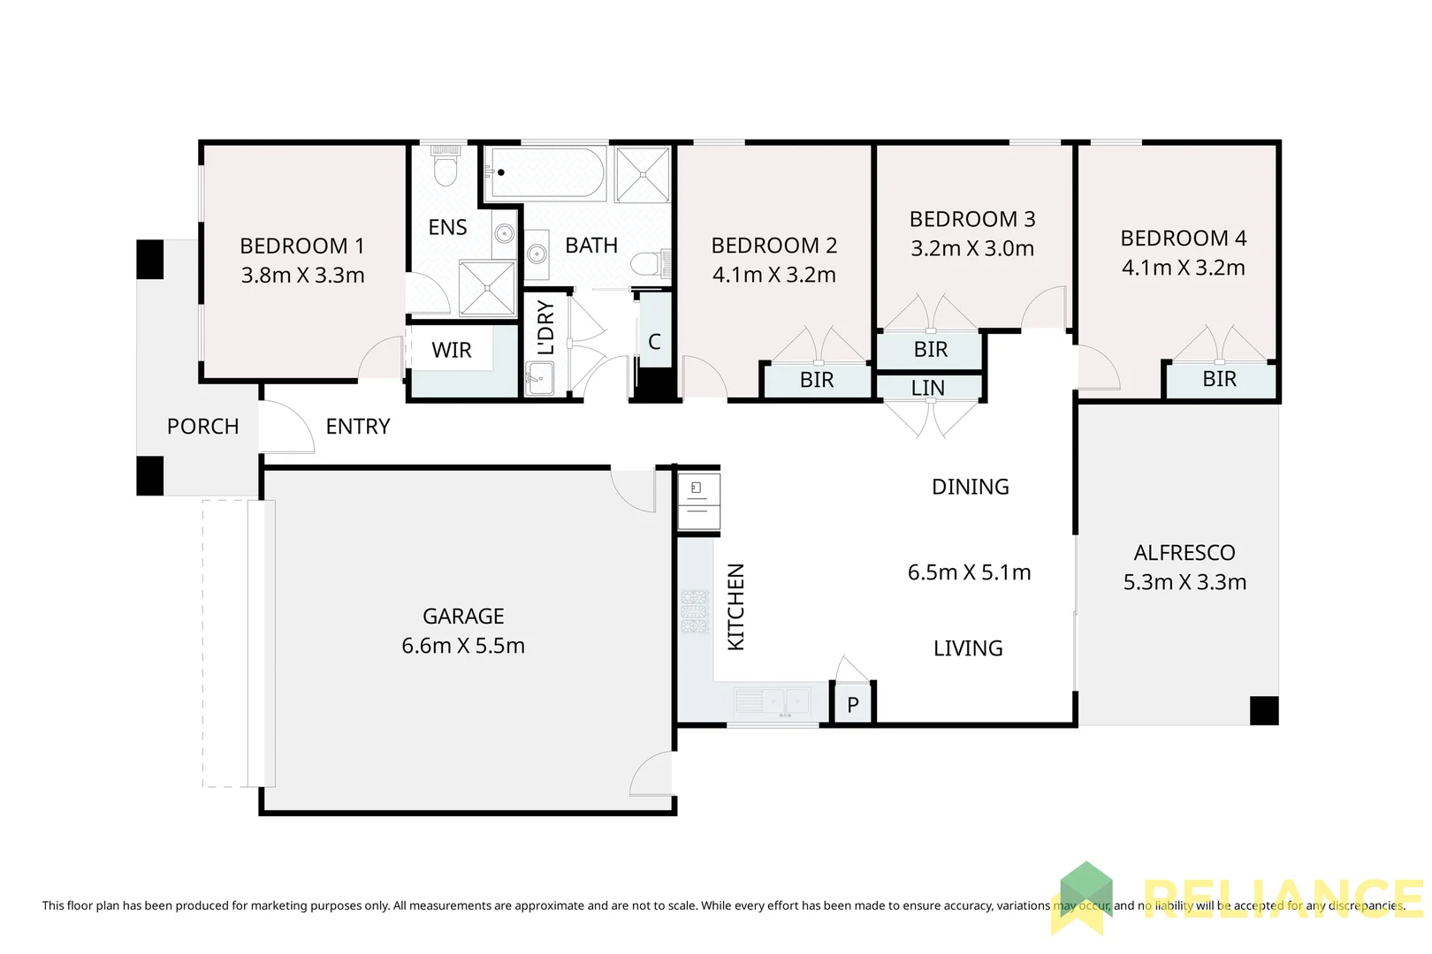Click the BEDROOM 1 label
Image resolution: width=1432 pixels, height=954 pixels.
click(x=301, y=246)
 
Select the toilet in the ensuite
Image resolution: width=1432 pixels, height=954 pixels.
click(x=444, y=167)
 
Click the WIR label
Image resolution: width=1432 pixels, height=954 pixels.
click(x=451, y=351)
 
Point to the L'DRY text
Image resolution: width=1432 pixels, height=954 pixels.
click(x=546, y=328)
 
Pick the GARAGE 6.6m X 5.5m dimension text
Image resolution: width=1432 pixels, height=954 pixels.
click(x=463, y=646)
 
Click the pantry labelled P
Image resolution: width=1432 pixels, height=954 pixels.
click(x=853, y=705)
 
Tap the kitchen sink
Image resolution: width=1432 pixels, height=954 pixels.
click(x=773, y=701)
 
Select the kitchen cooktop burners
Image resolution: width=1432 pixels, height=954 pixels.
click(x=695, y=611)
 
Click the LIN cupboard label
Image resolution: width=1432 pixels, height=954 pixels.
click(x=928, y=388)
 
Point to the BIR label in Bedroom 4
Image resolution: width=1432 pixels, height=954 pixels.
click(x=1219, y=379)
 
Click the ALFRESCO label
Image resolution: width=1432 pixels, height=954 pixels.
click(x=1184, y=553)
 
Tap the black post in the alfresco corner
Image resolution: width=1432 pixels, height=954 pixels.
click(x=1264, y=710)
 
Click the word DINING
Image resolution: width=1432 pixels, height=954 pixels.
click(x=970, y=487)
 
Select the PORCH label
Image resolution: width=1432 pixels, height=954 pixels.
click(x=202, y=427)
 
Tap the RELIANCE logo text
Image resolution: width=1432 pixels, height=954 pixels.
click(x=1282, y=899)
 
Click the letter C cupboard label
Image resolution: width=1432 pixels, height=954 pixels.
click(x=654, y=342)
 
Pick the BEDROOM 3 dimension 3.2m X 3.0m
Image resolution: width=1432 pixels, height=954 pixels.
click(x=972, y=248)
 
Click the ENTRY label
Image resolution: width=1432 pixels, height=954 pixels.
click(x=357, y=427)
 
